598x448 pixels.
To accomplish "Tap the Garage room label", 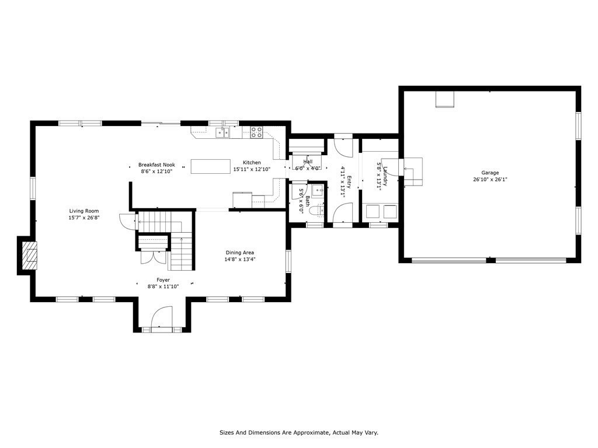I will (x=490, y=173).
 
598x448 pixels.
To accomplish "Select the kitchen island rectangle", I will (x=211, y=166).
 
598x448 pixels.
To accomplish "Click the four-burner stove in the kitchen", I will (x=256, y=132).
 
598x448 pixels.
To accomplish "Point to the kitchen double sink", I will (x=222, y=132).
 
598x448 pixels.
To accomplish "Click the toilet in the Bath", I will (x=316, y=211).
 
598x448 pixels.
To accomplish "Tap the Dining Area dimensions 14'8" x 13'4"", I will (x=240, y=260).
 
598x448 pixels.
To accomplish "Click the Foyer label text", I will (x=163, y=280).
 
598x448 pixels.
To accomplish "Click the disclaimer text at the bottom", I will (x=298, y=432).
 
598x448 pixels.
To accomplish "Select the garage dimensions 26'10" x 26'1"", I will (x=490, y=180).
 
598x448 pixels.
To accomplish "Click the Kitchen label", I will (x=252, y=163).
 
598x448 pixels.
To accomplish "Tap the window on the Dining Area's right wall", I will (x=288, y=261).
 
